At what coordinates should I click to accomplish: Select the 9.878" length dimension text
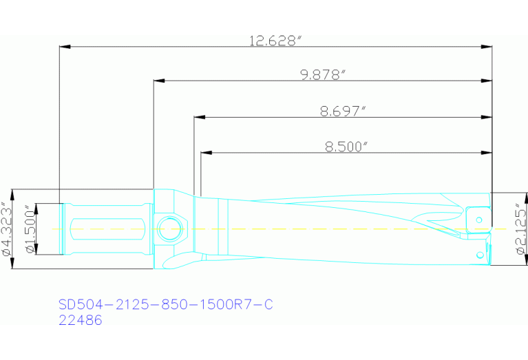[x=322, y=75]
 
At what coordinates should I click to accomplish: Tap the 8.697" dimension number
[x=343, y=111]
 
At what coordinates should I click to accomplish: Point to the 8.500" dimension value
[x=346, y=146]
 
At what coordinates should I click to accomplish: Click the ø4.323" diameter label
[x=6, y=229]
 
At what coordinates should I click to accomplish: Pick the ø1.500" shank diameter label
[x=30, y=229]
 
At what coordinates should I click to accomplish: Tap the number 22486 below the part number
[x=81, y=320]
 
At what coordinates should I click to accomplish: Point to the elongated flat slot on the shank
[x=107, y=228]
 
